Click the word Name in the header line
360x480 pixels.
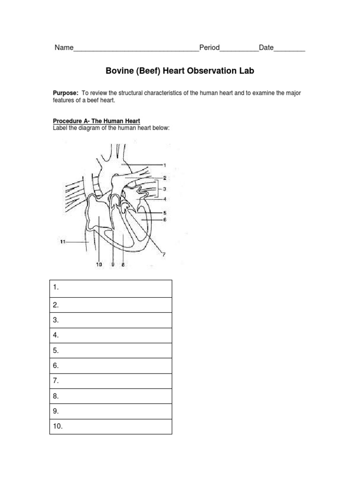pyautogui.click(x=64, y=48)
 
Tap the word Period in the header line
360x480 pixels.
pyautogui.click(x=209, y=48)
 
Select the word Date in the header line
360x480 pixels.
pyautogui.click(x=266, y=48)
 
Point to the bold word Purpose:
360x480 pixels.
pyautogui.click(x=65, y=93)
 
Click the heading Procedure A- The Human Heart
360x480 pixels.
pyautogui.click(x=97, y=121)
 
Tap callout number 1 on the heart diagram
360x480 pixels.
pyautogui.click(x=165, y=165)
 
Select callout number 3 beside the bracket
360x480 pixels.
pyautogui.click(x=165, y=189)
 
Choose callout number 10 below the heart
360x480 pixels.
pyautogui.click(x=99, y=265)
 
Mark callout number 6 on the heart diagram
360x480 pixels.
pyautogui.click(x=165, y=219)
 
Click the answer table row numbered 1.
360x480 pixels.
pyautogui.click(x=111, y=288)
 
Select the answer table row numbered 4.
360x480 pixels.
pyautogui.click(x=111, y=335)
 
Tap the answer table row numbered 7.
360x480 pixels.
pyautogui.click(x=111, y=380)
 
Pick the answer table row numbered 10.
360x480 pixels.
pyautogui.click(x=111, y=426)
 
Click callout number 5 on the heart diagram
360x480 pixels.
pyautogui.click(x=165, y=212)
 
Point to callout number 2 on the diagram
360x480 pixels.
pyautogui.click(x=165, y=178)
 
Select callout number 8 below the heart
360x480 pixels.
pyautogui.click(x=123, y=265)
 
